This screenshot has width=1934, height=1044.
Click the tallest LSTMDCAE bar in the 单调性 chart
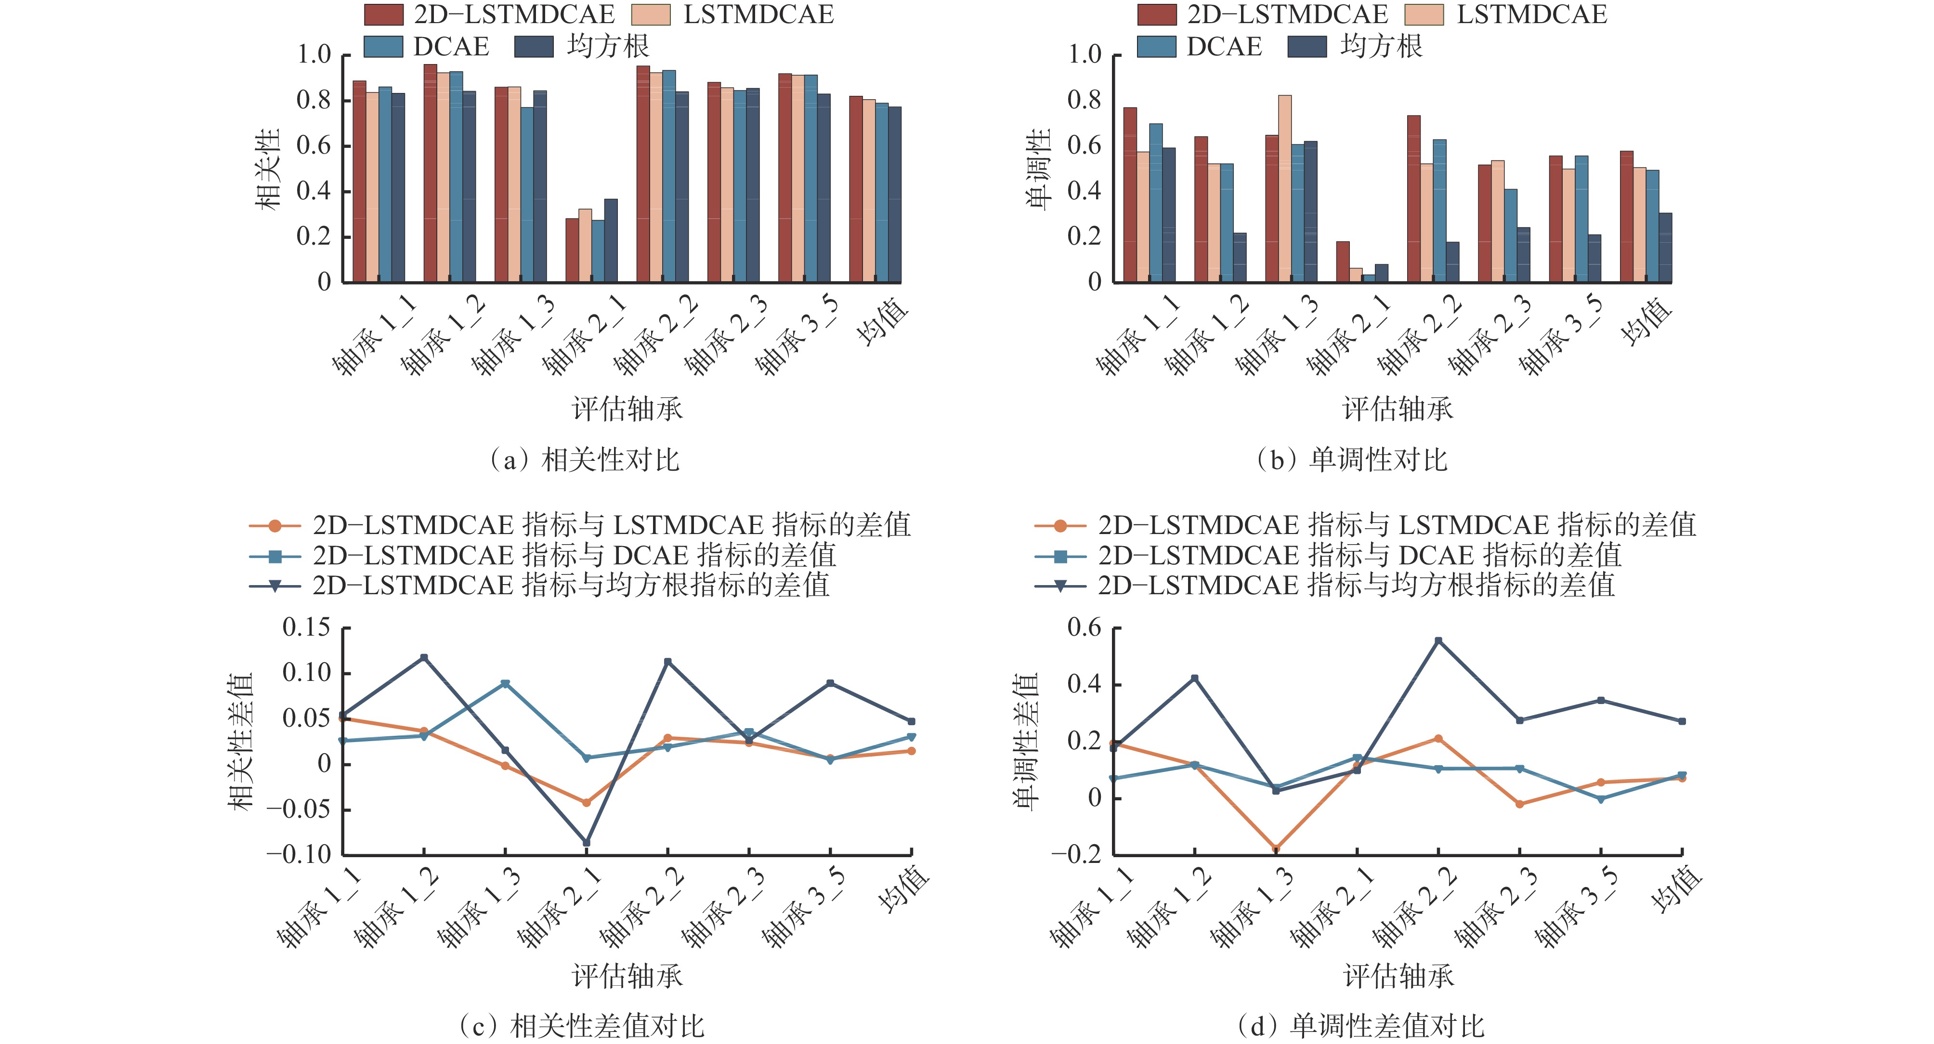pyautogui.click(x=1284, y=188)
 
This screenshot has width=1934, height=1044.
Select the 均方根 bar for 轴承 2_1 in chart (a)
pyautogui.click(x=610, y=240)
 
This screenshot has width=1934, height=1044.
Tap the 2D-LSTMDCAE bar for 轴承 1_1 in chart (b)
pyautogui.click(x=1130, y=195)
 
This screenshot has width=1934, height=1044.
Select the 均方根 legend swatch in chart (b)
pyautogui.click(x=1307, y=47)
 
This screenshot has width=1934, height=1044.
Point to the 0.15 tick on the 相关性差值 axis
pyautogui.click(x=306, y=627)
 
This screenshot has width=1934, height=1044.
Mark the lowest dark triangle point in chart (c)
pyautogui.click(x=587, y=843)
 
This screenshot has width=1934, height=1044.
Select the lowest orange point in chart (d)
pyautogui.click(x=1276, y=848)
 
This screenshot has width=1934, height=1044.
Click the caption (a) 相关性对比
pyautogui.click(x=584, y=460)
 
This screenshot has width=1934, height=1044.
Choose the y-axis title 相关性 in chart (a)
pyautogui.click(x=268, y=169)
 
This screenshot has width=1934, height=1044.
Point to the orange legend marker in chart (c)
pyautogui.click(x=275, y=525)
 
